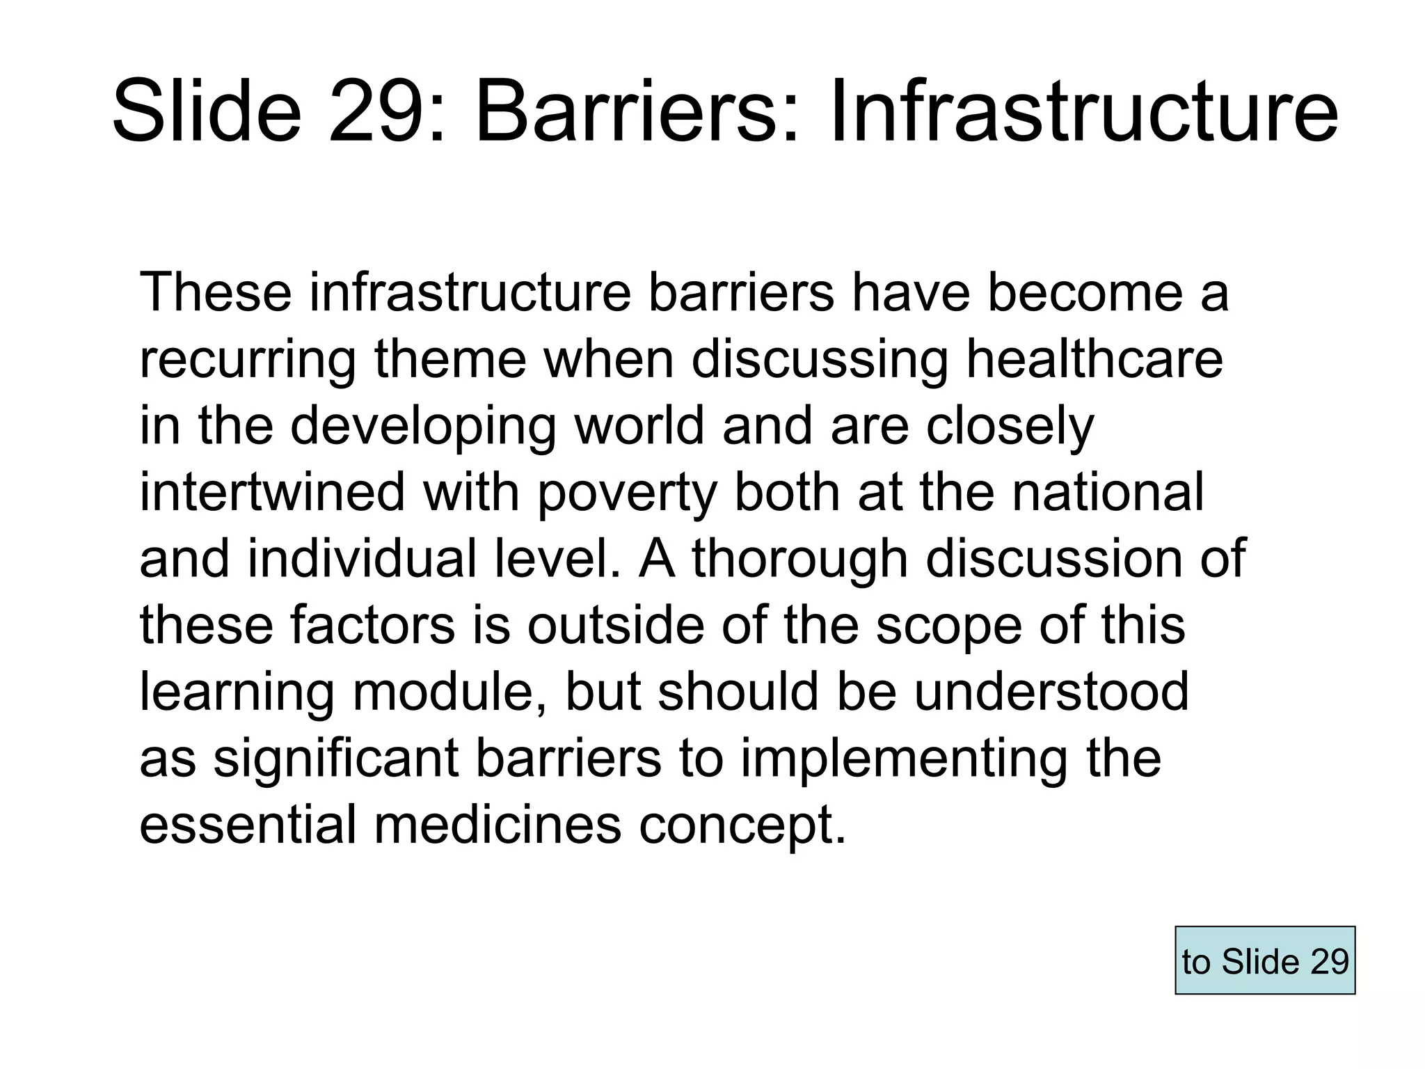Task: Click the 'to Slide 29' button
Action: coord(1264,960)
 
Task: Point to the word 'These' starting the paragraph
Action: coord(216,292)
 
